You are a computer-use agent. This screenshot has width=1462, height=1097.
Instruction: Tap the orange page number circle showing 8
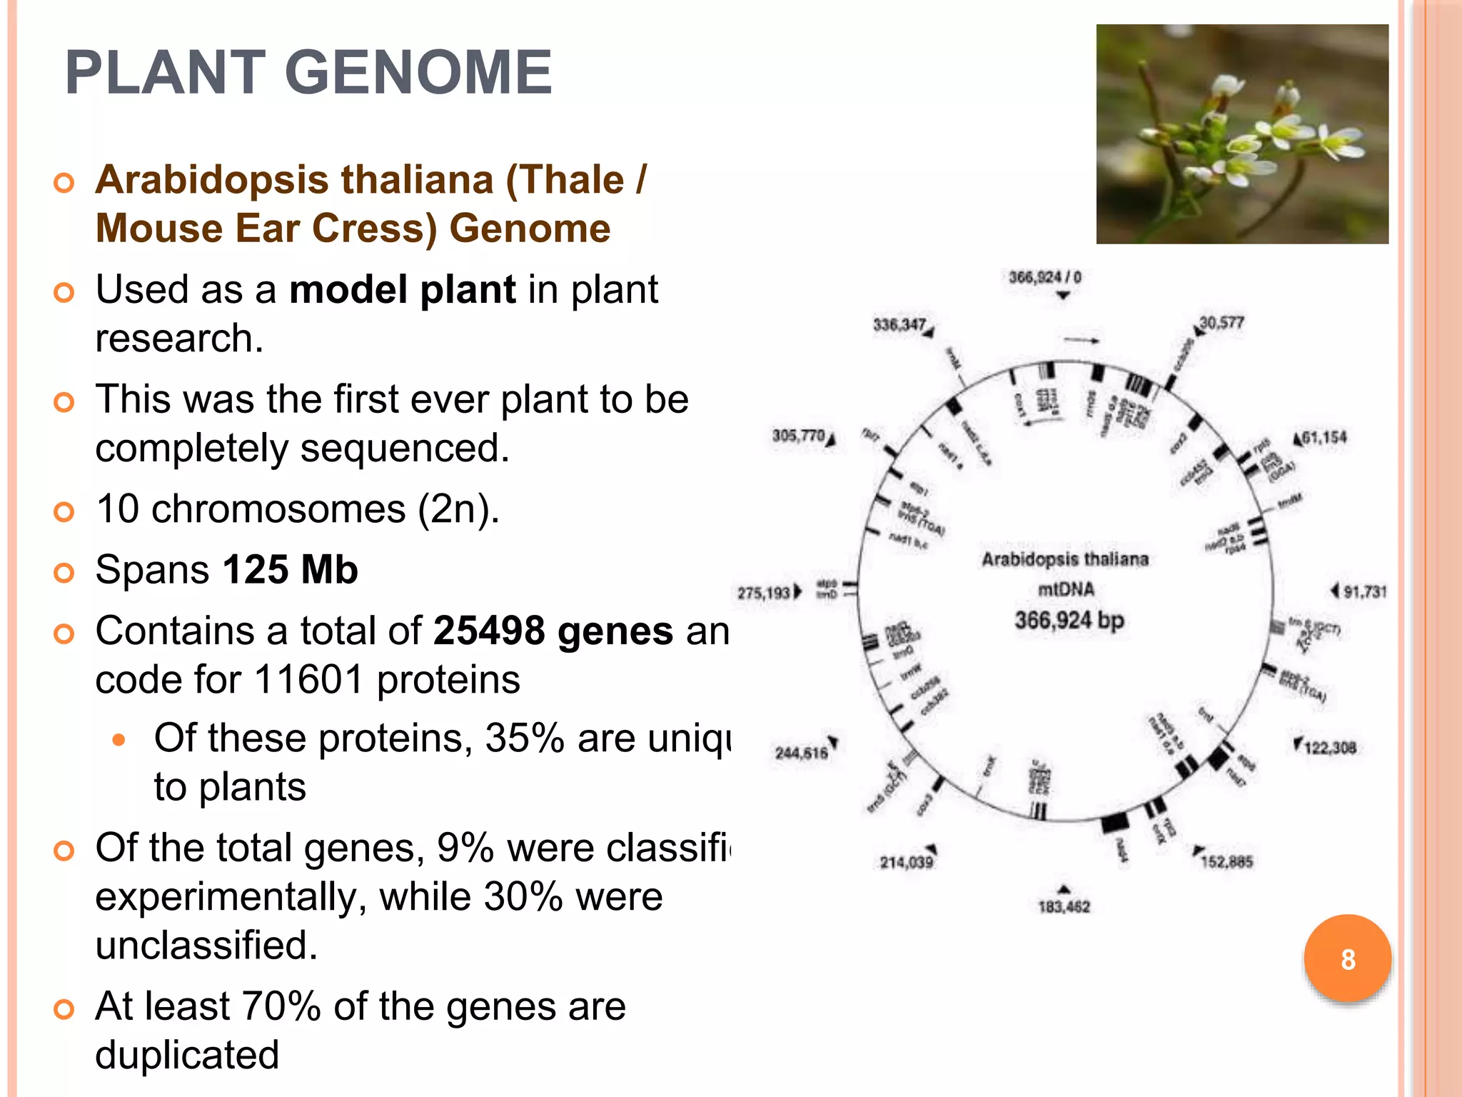pyautogui.click(x=1347, y=959)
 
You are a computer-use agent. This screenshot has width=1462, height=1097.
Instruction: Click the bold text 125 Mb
pyautogui.click(x=290, y=570)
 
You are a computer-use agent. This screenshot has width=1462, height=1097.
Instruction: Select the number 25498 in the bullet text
pyautogui.click(x=489, y=631)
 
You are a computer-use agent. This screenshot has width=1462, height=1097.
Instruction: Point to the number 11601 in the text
pyautogui.click(x=308, y=679)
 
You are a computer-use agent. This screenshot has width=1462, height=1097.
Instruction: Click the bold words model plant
pyautogui.click(x=402, y=290)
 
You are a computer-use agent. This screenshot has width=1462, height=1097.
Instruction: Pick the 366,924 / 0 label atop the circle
pyautogui.click(x=1044, y=277)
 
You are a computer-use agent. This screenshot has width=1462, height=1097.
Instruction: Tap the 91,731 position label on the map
pyautogui.click(x=1364, y=591)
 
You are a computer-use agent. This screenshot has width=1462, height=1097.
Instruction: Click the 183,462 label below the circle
pyautogui.click(x=1064, y=907)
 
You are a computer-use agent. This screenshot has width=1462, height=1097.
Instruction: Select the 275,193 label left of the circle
pyautogui.click(x=763, y=593)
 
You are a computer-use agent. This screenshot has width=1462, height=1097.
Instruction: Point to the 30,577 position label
pyautogui.click(x=1221, y=323)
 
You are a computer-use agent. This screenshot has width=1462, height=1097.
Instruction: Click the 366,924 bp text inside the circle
pyautogui.click(x=1069, y=620)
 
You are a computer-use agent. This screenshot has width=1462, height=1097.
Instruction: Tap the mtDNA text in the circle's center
pyautogui.click(x=1066, y=589)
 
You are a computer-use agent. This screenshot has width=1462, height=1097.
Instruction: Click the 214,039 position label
pyautogui.click(x=906, y=863)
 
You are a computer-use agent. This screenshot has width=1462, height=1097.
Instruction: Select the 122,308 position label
pyautogui.click(x=1329, y=748)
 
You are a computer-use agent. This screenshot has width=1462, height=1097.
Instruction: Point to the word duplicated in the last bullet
pyautogui.click(x=187, y=1055)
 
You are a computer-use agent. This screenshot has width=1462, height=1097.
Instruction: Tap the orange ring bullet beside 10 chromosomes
pyautogui.click(x=64, y=511)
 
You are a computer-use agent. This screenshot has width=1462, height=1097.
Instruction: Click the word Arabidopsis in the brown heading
pyautogui.click(x=212, y=179)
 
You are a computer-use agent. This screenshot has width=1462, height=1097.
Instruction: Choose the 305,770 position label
pyautogui.click(x=798, y=436)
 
